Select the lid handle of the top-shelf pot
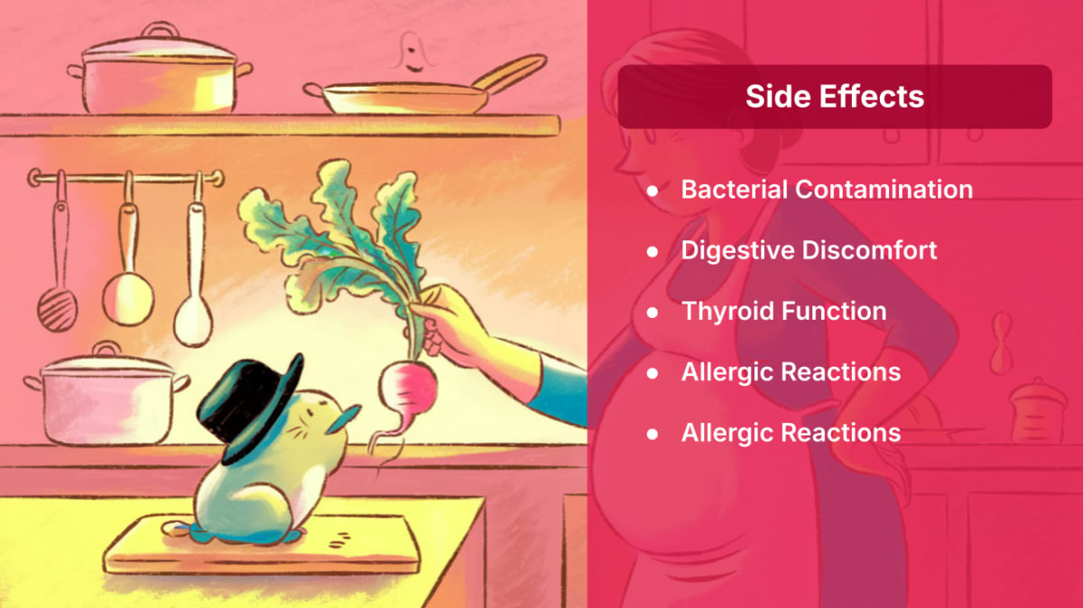click(x=160, y=30)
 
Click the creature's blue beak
click(x=344, y=418)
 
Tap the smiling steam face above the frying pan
click(x=412, y=53)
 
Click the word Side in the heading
click(x=777, y=97)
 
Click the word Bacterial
click(x=735, y=190)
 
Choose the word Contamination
click(x=884, y=190)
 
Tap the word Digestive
click(x=737, y=250)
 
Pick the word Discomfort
click(x=869, y=250)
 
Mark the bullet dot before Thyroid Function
click(x=653, y=313)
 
